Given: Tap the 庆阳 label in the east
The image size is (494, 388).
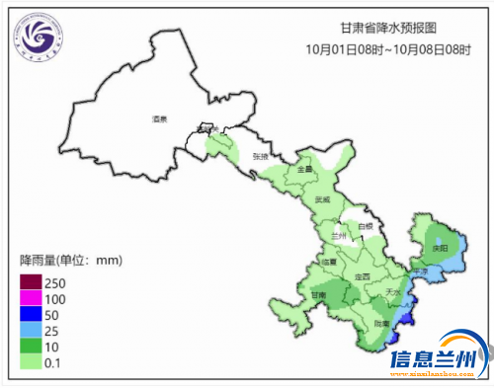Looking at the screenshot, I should click(x=439, y=247).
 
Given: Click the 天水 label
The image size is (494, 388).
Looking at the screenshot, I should click(x=392, y=293).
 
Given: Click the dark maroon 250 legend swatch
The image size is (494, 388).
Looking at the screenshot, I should click(x=30, y=283).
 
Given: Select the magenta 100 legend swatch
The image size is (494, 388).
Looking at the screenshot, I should click(x=30, y=299).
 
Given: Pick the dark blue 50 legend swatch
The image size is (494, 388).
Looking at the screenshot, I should click(x=30, y=315).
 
